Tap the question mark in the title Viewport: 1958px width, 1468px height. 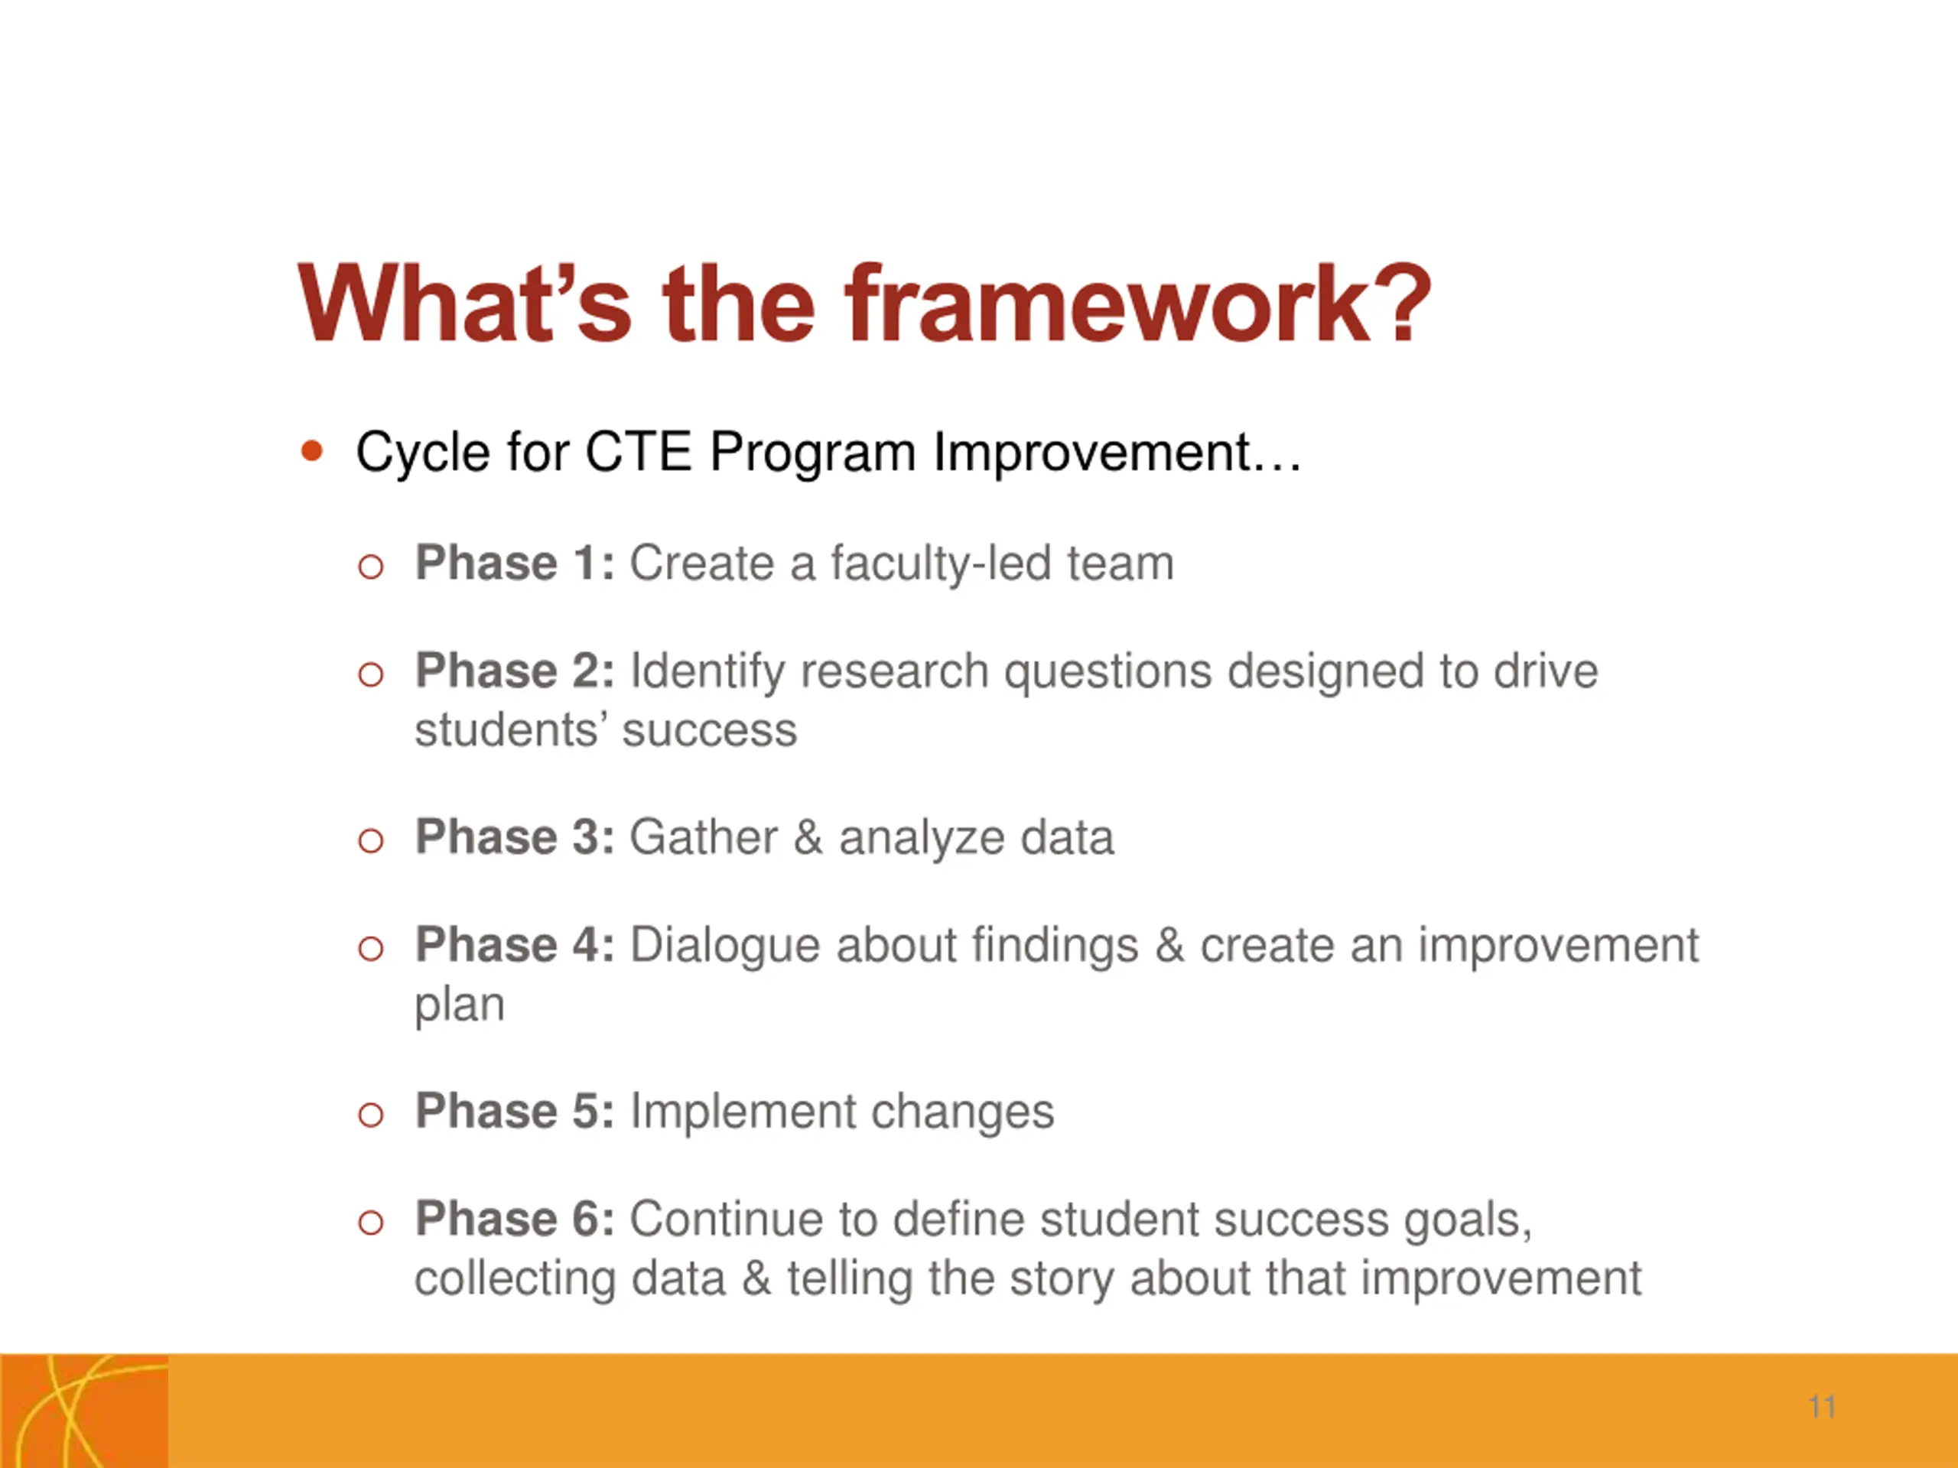pos(1405,303)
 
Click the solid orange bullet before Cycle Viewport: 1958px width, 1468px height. pos(311,451)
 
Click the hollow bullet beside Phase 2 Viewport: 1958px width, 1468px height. pos(371,675)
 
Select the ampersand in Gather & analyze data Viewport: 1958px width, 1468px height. pos(807,837)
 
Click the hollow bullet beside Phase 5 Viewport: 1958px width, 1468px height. pos(371,1114)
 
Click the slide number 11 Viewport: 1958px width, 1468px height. pos(1823,1407)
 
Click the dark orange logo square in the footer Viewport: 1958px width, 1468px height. pos(84,1411)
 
